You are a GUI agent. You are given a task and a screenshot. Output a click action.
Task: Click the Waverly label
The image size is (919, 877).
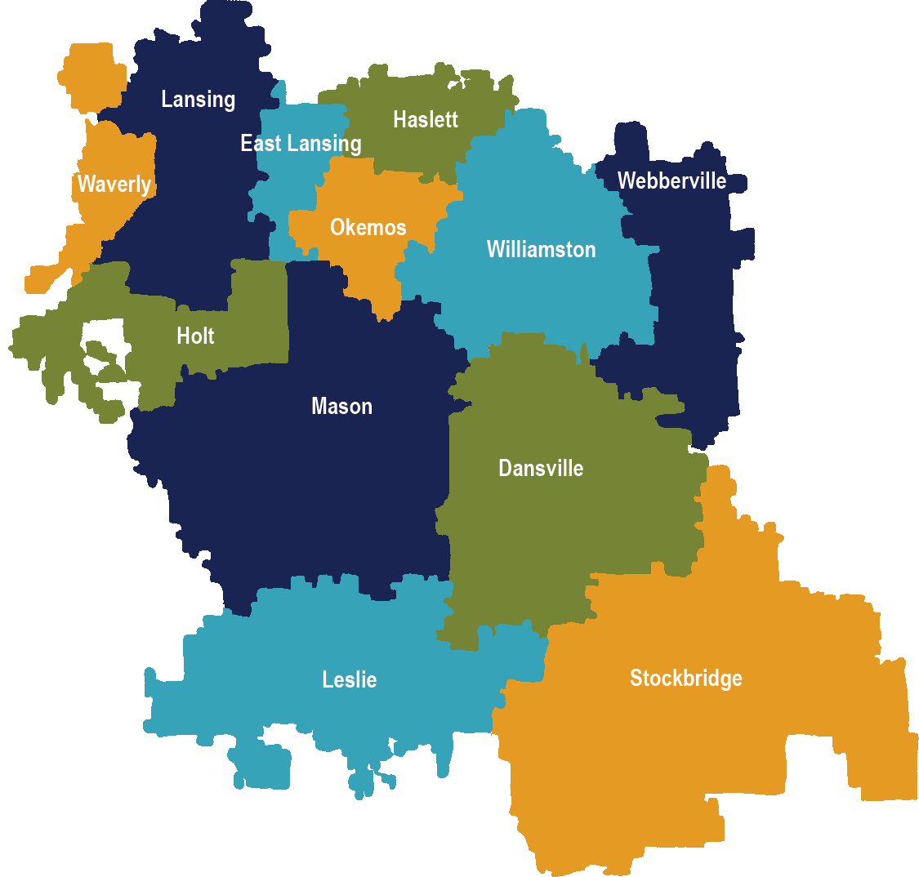coord(114,185)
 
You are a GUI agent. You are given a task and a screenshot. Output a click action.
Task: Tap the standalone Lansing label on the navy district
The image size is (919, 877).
coord(198,100)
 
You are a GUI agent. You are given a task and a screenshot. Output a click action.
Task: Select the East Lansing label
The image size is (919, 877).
coord(301,144)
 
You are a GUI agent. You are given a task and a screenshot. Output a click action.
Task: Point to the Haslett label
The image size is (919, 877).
coord(425,119)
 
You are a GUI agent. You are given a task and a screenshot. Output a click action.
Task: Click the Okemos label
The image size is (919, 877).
coord(368,227)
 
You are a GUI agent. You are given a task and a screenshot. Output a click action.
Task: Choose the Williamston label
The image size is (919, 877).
coord(541,249)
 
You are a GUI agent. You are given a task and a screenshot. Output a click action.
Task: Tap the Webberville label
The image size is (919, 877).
coord(671,180)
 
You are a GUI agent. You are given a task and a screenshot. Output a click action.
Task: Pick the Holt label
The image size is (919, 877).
coord(195,336)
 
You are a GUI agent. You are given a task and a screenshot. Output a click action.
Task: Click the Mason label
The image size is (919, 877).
coord(341,406)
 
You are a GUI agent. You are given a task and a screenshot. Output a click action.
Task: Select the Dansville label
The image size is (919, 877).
coord(541,468)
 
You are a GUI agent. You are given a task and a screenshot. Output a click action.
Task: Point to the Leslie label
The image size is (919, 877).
coord(349,679)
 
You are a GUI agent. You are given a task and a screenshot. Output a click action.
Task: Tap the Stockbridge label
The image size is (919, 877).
coord(685,678)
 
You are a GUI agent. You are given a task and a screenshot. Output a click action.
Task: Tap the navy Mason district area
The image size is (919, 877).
coord(327,490)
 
